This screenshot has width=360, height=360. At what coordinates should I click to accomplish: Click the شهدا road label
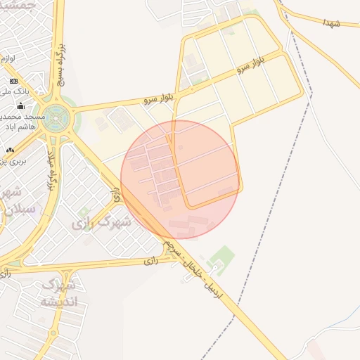tap(332, 24)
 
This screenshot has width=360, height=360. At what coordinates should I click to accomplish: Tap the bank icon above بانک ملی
tap(13, 80)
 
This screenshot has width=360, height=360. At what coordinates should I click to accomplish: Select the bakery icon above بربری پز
tap(10, 150)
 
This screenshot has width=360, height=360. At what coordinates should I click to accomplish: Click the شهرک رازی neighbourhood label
tap(102, 223)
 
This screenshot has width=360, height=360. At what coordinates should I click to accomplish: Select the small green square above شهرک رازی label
tap(84, 212)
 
